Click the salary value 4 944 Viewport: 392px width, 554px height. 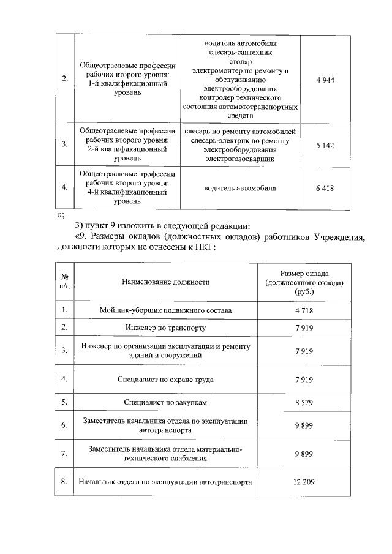tap(325, 80)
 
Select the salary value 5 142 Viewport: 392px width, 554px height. tap(325, 144)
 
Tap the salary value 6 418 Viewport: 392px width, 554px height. tap(325, 188)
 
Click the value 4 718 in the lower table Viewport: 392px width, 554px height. tap(304, 310)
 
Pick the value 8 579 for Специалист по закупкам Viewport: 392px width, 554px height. tap(304, 402)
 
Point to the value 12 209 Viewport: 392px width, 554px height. tap(304, 482)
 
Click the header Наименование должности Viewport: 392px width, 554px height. tap(165, 282)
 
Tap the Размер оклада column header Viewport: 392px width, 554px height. tap(304, 282)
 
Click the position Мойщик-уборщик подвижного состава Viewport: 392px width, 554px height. tap(165, 310)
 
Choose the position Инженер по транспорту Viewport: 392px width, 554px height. tap(165, 328)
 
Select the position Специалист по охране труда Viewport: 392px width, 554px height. tap(165, 380)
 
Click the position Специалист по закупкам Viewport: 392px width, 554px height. tap(165, 402)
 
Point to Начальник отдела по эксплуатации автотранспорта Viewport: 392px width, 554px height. tap(165, 482)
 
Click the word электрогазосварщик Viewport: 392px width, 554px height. tap(240, 159)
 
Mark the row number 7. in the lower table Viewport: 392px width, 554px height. tap(64, 453)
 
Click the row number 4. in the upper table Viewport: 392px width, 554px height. tap(64, 188)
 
